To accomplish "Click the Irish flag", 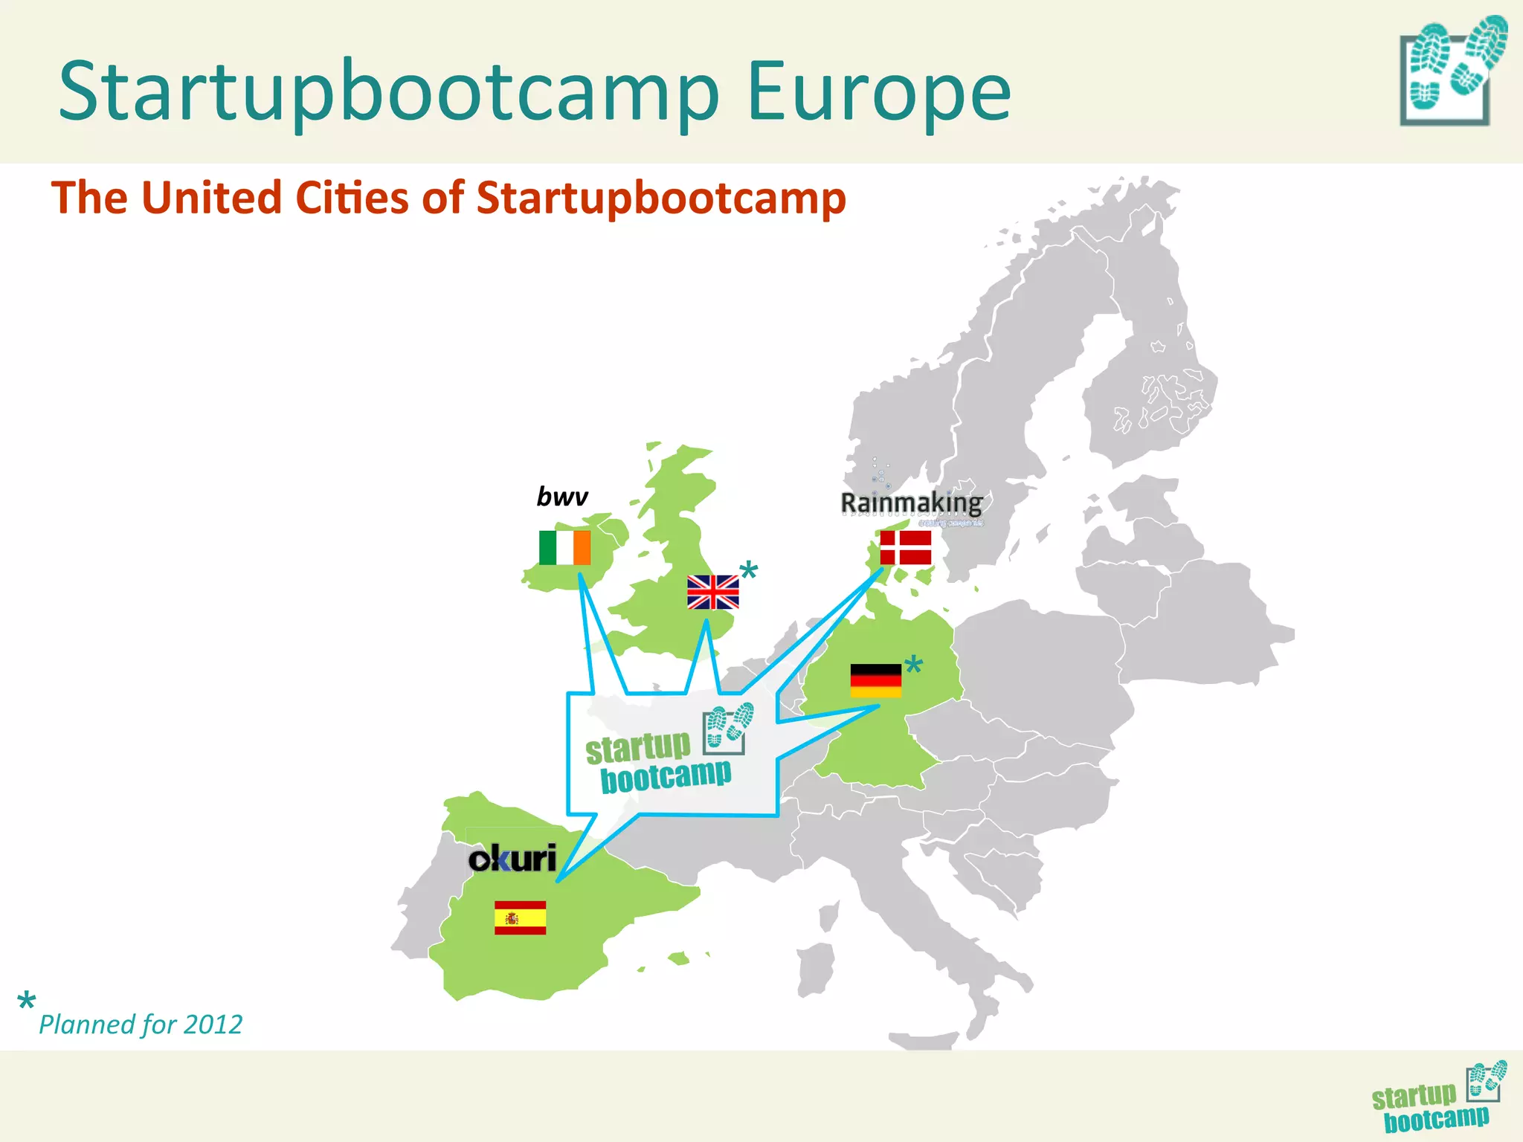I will [564, 547].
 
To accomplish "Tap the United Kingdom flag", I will [712, 592].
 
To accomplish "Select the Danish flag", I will [905, 548].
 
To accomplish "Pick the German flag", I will [875, 680].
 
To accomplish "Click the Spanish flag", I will [520, 917].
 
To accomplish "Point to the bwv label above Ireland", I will [562, 496].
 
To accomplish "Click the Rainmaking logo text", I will [911, 503].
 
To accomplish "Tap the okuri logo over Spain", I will [512, 859].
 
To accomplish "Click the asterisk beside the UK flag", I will [749, 572].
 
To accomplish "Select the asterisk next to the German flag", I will [913, 665].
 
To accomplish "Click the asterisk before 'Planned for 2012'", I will [26, 1001].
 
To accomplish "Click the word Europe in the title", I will [878, 92].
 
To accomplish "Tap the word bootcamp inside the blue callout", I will [666, 777].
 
